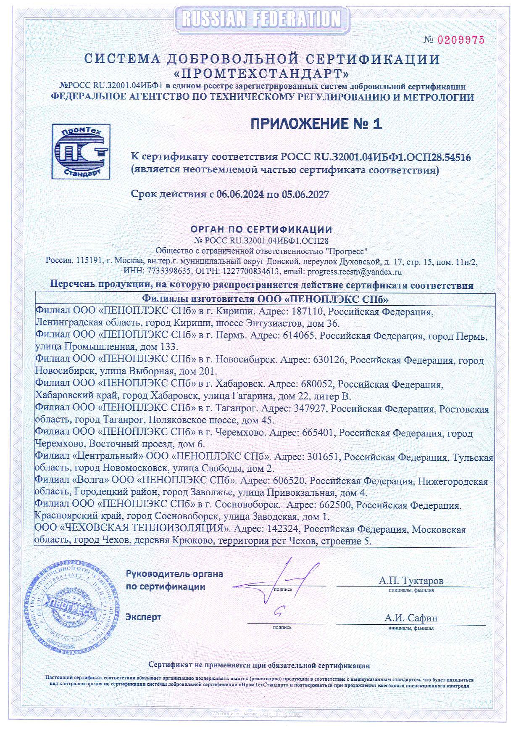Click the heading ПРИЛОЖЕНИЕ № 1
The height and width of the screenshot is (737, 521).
(x=316, y=124)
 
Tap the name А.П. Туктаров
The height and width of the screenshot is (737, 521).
(x=410, y=581)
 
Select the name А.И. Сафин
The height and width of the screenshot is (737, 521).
(x=410, y=618)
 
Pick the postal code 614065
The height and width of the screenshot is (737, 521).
(x=299, y=337)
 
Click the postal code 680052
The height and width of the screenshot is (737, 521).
(x=317, y=385)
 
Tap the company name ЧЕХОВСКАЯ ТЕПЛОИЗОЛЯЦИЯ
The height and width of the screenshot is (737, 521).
(x=148, y=529)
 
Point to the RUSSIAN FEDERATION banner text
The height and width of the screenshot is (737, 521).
(x=261, y=19)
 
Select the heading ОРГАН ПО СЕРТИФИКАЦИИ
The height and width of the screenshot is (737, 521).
(x=261, y=230)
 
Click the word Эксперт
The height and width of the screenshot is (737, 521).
(x=143, y=617)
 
